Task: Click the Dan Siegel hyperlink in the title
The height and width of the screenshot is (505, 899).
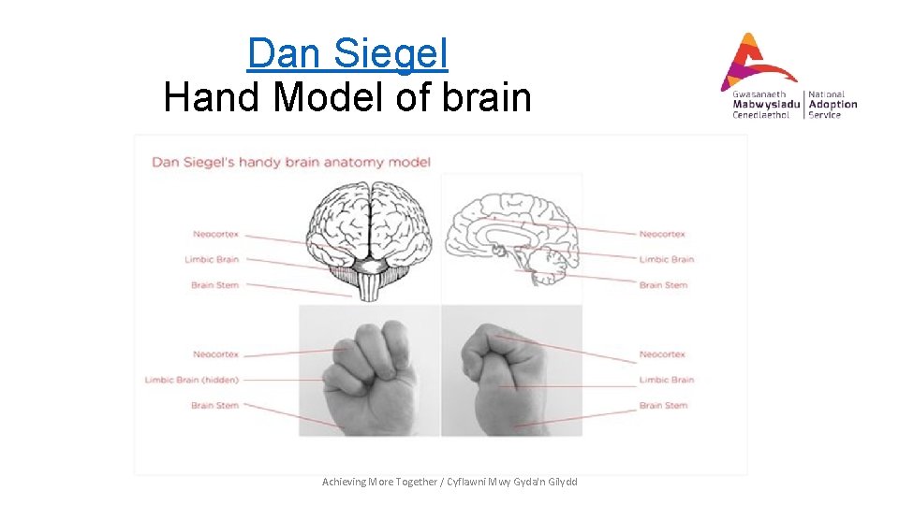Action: (347, 53)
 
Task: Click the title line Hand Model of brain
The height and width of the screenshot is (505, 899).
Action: (347, 96)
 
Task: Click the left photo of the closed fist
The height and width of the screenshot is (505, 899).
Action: (369, 371)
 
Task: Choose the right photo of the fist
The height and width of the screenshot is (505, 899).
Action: (511, 371)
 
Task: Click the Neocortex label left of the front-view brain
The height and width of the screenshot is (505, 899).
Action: (215, 234)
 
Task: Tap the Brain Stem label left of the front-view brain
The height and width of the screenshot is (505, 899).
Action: (214, 285)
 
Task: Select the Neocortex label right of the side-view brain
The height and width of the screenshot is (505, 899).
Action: (662, 234)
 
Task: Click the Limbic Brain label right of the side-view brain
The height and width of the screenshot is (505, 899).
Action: (666, 259)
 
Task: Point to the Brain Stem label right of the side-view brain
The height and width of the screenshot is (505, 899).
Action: (663, 285)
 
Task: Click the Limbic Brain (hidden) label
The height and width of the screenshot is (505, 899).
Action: (191, 380)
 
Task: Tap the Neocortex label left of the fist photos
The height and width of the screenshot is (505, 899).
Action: (215, 354)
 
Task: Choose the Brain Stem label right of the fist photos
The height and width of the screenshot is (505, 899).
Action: (663, 406)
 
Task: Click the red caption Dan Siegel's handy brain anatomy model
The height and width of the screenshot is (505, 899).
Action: (291, 162)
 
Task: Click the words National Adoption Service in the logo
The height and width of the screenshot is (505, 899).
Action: (833, 104)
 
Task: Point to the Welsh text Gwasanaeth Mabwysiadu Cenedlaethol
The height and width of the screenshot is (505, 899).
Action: (765, 104)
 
